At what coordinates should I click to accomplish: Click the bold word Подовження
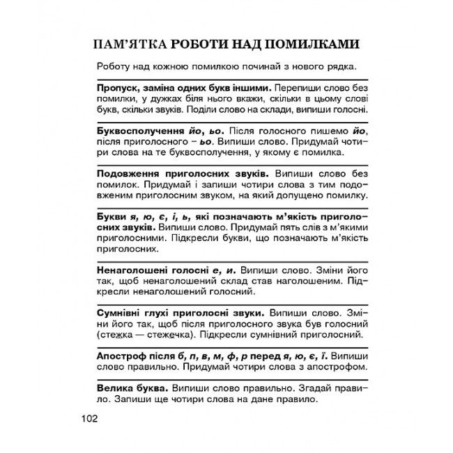click(x=121, y=171)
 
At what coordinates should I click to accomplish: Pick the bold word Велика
click(x=109, y=387)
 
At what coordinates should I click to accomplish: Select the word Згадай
click(x=302, y=387)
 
